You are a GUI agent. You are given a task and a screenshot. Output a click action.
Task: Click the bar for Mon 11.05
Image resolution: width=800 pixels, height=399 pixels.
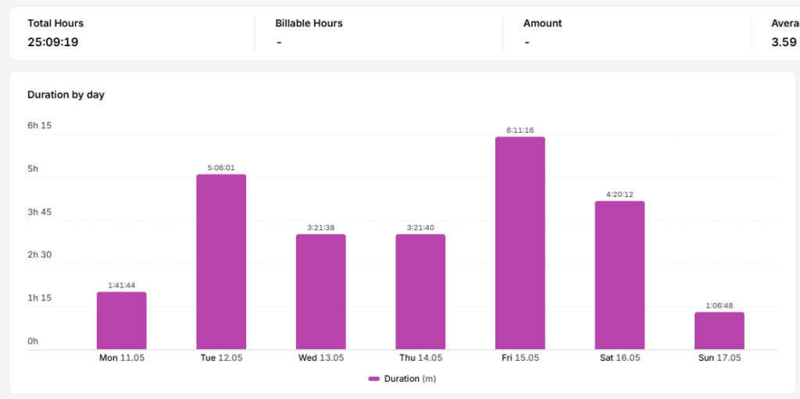pos(121,320)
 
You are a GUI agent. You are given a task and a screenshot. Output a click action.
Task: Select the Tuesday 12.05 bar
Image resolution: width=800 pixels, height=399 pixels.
pos(221,262)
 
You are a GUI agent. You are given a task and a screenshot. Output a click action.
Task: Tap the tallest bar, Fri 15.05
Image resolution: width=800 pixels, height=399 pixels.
pos(520,243)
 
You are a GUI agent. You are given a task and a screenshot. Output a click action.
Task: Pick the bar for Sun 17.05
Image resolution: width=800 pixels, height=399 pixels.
pos(719,330)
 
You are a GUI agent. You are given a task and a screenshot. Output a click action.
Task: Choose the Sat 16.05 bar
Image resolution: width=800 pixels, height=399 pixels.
pos(620,275)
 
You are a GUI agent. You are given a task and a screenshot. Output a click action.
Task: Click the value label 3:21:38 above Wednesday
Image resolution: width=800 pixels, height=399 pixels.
pos(321,227)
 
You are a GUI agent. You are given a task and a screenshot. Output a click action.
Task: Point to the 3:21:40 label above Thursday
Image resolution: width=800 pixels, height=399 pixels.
pos(420,227)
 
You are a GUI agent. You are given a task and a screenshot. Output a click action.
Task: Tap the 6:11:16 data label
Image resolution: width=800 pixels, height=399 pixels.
pos(520,130)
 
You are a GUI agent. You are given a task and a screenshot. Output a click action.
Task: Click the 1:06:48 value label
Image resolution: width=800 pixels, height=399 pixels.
pos(720,305)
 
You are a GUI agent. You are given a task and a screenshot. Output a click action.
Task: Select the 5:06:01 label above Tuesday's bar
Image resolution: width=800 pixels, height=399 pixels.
pos(221,167)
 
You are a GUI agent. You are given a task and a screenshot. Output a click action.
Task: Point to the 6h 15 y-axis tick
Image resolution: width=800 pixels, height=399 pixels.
pos(39,126)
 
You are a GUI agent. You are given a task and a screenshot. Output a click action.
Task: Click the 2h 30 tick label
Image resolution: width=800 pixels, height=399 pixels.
pos(39,255)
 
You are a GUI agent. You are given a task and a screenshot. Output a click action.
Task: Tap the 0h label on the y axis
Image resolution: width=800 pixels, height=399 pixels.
pos(33,341)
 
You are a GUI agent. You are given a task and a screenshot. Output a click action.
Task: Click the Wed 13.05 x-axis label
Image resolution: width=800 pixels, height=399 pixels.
pos(321,358)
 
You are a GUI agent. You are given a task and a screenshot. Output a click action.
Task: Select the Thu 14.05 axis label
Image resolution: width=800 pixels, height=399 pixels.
pos(420,358)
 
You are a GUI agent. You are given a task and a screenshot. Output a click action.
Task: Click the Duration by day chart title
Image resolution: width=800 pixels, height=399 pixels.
pos(66,95)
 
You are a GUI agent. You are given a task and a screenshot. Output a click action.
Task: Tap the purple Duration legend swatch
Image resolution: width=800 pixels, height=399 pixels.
pos(374,379)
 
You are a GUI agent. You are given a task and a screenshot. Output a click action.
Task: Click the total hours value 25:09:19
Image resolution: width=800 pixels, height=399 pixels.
pos(53,42)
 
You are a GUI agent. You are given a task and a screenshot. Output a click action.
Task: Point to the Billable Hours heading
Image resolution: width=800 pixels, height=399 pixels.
pos(309,23)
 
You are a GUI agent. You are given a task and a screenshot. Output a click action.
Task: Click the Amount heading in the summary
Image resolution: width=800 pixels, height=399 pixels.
pos(542,23)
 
